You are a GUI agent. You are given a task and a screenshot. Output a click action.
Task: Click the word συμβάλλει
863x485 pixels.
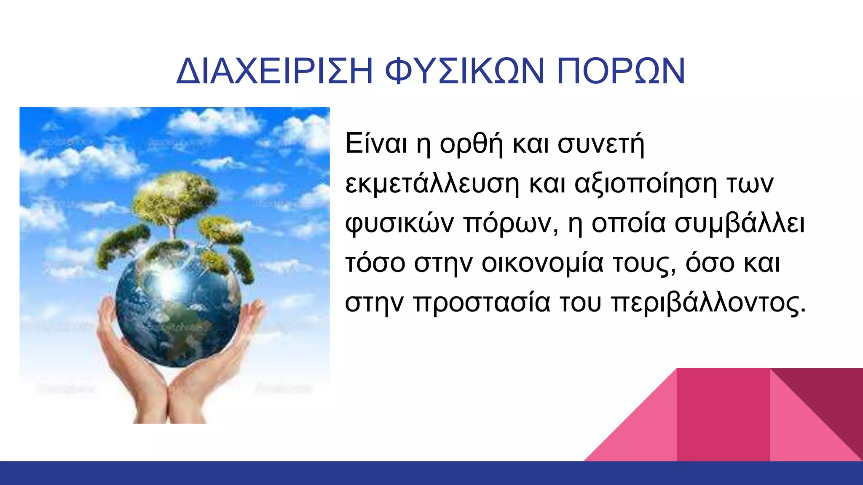click(740, 224)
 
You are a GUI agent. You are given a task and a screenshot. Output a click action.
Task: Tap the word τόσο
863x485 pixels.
click(375, 264)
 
